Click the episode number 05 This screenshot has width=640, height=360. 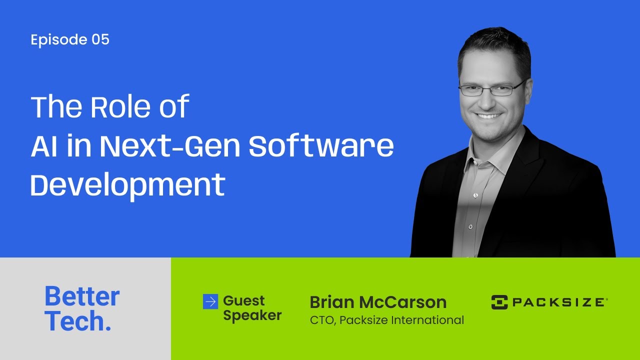tap(100, 40)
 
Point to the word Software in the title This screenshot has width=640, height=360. tap(321, 146)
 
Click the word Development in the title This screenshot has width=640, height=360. tap(127, 185)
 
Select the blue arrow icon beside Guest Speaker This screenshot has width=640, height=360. tap(210, 301)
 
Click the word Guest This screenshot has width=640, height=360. tap(244, 301)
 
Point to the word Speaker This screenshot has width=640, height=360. tap(252, 315)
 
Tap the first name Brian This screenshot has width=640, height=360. tap(331, 302)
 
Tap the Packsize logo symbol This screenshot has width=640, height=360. tap(499, 302)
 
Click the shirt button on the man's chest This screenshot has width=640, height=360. tap(471, 226)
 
